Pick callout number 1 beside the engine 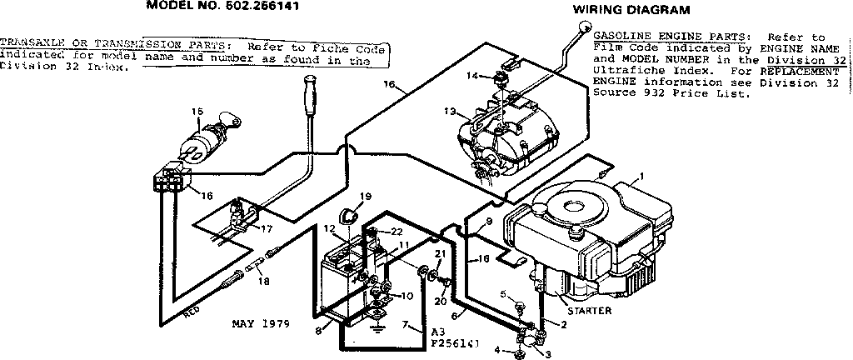tap(641, 176)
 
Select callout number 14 tap(471, 76)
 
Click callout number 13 tap(450, 111)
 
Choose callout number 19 tap(365, 197)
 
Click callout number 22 tap(397, 231)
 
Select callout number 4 tap(497, 350)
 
